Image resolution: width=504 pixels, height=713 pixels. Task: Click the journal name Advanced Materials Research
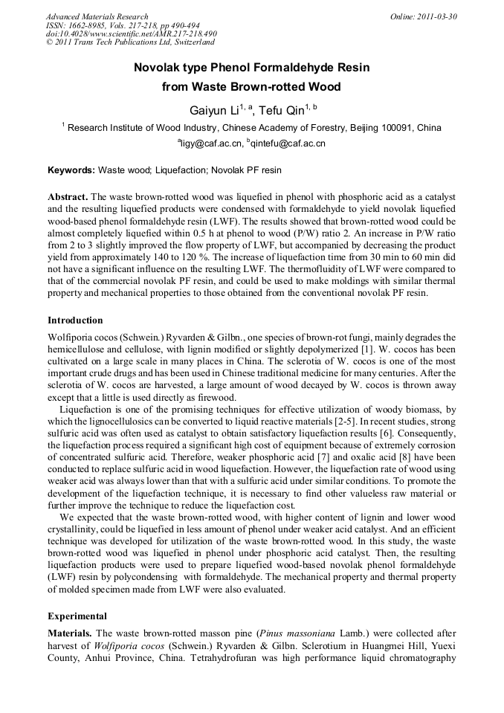click(x=97, y=16)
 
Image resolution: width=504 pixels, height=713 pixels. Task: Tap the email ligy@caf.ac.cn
click(x=212, y=143)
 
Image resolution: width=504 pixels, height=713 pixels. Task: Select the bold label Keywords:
click(x=71, y=170)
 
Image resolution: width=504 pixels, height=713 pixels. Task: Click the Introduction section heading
click(x=75, y=320)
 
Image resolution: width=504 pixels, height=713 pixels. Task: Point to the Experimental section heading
click(x=77, y=616)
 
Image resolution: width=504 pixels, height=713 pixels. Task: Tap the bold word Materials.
click(x=69, y=633)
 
